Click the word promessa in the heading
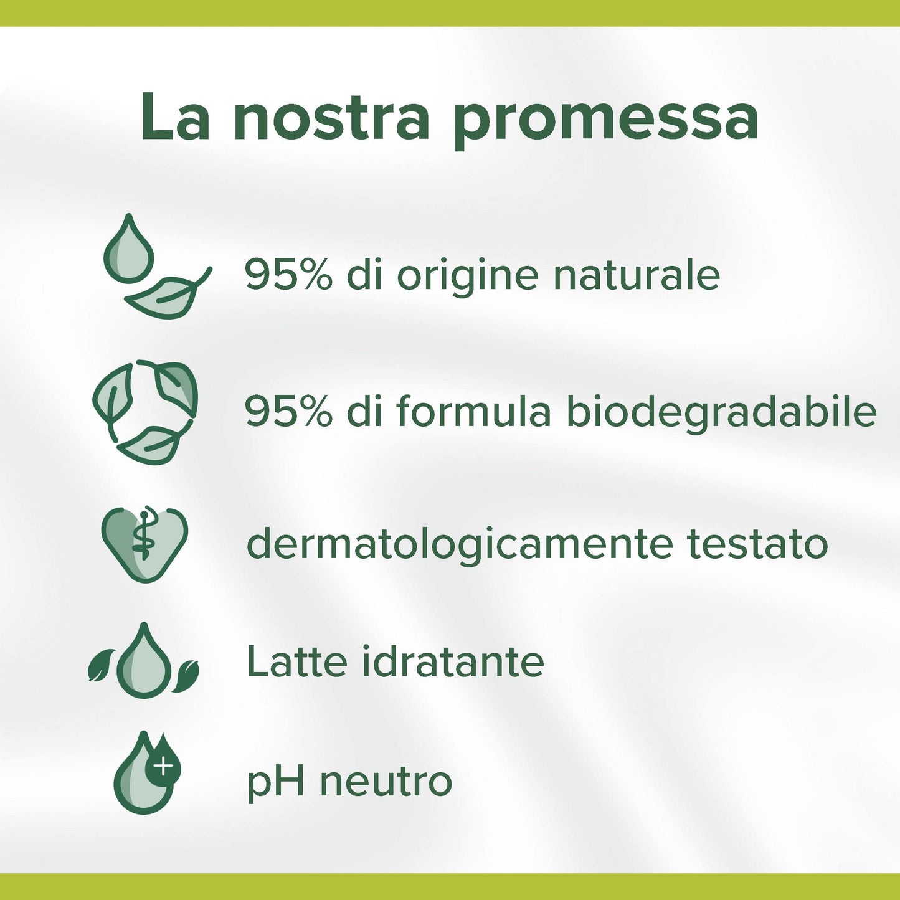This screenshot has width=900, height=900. click(x=605, y=118)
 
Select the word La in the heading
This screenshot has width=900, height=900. click(x=175, y=118)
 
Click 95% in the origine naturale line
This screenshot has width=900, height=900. click(x=288, y=275)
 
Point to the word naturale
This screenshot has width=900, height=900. click(x=636, y=275)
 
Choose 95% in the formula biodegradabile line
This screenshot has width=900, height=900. click(x=288, y=412)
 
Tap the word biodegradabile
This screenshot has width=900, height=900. click(x=721, y=413)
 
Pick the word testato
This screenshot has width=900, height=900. click(x=757, y=544)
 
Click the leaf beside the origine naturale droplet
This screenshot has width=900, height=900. click(x=167, y=295)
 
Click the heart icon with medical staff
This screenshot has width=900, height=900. click(x=144, y=544)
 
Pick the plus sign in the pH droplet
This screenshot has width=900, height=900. click(x=163, y=767)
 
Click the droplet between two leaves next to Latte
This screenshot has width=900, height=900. click(x=144, y=662)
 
